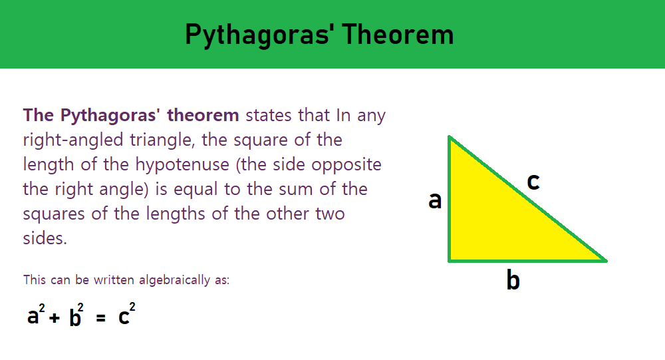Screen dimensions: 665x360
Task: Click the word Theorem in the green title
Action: pos(398,34)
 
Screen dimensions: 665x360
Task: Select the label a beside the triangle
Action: pos(435,200)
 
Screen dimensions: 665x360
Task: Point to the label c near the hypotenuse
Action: pos(533,182)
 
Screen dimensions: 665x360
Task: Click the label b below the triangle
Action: pos(513,280)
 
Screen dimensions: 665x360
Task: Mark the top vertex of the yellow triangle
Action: pos(449,136)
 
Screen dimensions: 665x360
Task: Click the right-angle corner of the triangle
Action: pos(449,261)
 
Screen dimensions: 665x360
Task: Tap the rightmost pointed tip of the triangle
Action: pos(606,261)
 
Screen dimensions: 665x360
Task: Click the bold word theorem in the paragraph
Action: pos(203,115)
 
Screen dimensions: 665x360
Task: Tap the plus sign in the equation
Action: pos(54,317)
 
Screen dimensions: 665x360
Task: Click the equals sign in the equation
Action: pos(100,317)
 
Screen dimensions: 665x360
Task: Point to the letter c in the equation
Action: pos(124,317)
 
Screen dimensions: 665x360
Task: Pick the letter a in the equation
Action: pos(33,317)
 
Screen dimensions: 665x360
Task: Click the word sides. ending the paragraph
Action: pos(45,239)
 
